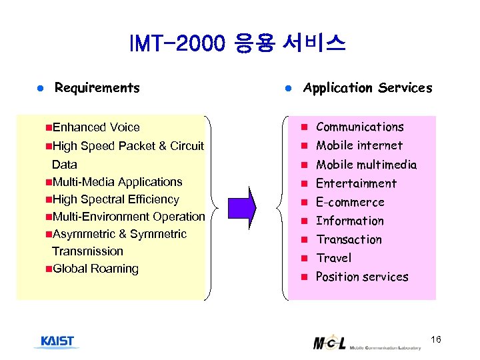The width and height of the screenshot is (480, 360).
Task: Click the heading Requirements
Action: (97, 88)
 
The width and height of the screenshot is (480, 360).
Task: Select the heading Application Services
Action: (367, 88)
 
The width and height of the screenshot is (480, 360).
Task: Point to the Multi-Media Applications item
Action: (117, 182)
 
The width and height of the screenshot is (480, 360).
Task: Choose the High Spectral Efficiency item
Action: (115, 199)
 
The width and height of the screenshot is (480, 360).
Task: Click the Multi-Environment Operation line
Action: (128, 217)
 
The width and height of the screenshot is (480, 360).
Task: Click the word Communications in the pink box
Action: (359, 127)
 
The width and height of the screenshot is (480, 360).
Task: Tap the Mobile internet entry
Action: (359, 145)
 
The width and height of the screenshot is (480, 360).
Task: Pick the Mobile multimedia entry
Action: (366, 165)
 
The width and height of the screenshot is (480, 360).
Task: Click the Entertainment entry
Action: (356, 183)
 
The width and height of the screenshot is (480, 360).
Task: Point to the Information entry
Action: (349, 221)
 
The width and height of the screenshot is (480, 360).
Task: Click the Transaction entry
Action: (349, 239)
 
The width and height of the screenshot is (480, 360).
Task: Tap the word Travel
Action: (333, 258)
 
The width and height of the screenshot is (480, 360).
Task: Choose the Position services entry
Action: (361, 277)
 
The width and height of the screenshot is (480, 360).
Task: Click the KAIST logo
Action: (57, 342)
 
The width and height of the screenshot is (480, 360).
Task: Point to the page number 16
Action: (436, 340)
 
